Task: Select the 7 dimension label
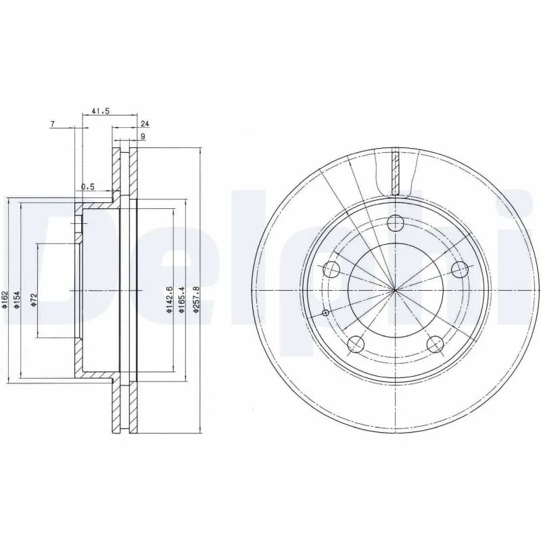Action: (53, 124)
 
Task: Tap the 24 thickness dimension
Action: (144, 124)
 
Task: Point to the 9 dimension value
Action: (143, 137)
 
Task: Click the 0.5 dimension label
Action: (87, 187)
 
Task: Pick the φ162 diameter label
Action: (5, 299)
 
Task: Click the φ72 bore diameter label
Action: (33, 300)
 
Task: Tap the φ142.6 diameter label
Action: (168, 299)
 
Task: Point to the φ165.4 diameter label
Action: (182, 299)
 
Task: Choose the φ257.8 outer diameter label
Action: (197, 299)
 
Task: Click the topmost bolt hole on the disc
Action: (396, 222)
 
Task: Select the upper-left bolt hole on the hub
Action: (331, 270)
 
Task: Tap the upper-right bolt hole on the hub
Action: (461, 270)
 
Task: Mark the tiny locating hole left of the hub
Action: (325, 312)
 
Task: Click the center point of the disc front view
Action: (396, 290)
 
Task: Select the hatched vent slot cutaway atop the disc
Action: (396, 170)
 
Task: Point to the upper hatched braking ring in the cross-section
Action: (125, 169)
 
